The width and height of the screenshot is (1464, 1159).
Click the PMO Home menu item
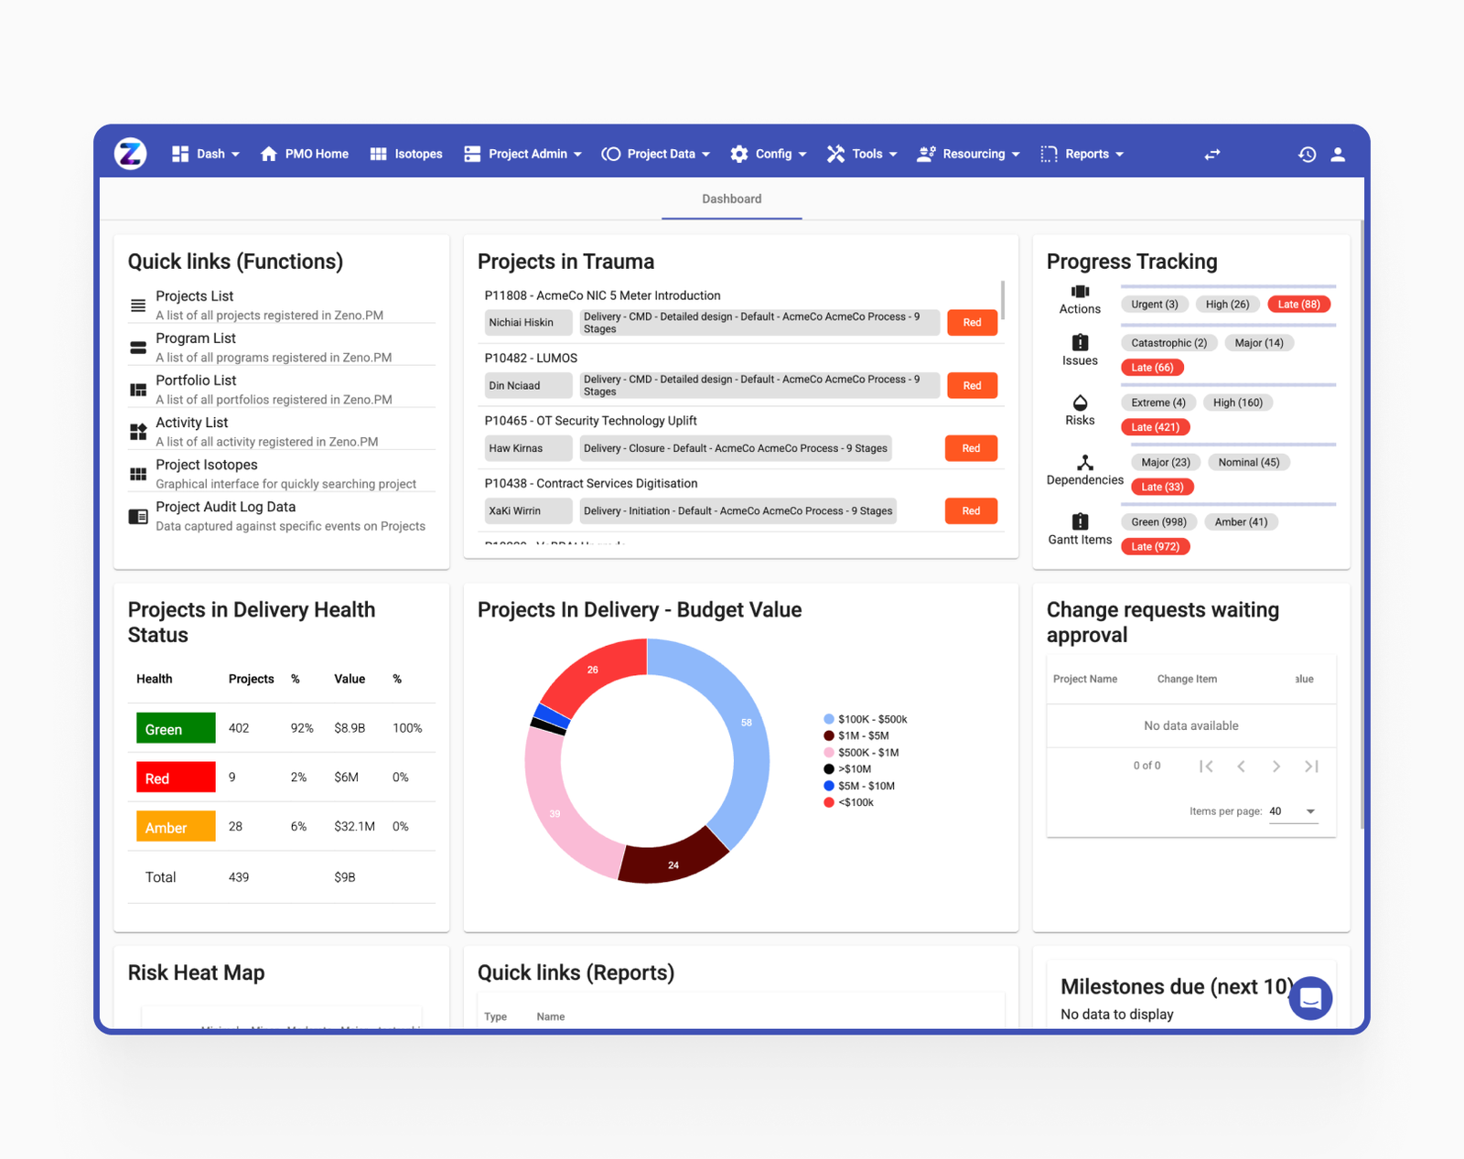[305, 154]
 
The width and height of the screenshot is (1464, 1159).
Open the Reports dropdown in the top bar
[1086, 154]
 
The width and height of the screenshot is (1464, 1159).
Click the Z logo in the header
[131, 153]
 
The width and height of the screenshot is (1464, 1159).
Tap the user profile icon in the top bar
[1338, 154]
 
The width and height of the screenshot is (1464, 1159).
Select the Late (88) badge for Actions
[1298, 305]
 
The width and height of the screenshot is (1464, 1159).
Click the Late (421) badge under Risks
[1155, 427]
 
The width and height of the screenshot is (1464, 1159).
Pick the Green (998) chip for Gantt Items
[1158, 522]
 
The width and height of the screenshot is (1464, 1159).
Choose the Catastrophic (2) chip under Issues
[1168, 343]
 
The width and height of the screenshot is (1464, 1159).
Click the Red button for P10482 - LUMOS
[972, 385]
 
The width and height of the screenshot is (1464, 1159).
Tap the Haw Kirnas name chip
[527, 448]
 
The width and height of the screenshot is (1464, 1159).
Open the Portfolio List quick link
[196, 381]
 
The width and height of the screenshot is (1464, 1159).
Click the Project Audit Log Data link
[225, 507]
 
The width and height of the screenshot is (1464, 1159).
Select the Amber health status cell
[176, 827]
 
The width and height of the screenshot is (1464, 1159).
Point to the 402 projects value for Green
[239, 728]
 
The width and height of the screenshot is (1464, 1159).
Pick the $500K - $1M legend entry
[867, 753]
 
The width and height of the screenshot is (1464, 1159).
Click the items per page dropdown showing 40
[1292, 811]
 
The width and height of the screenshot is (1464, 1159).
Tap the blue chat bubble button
[1310, 998]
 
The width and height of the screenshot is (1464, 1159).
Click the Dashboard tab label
[731, 199]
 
